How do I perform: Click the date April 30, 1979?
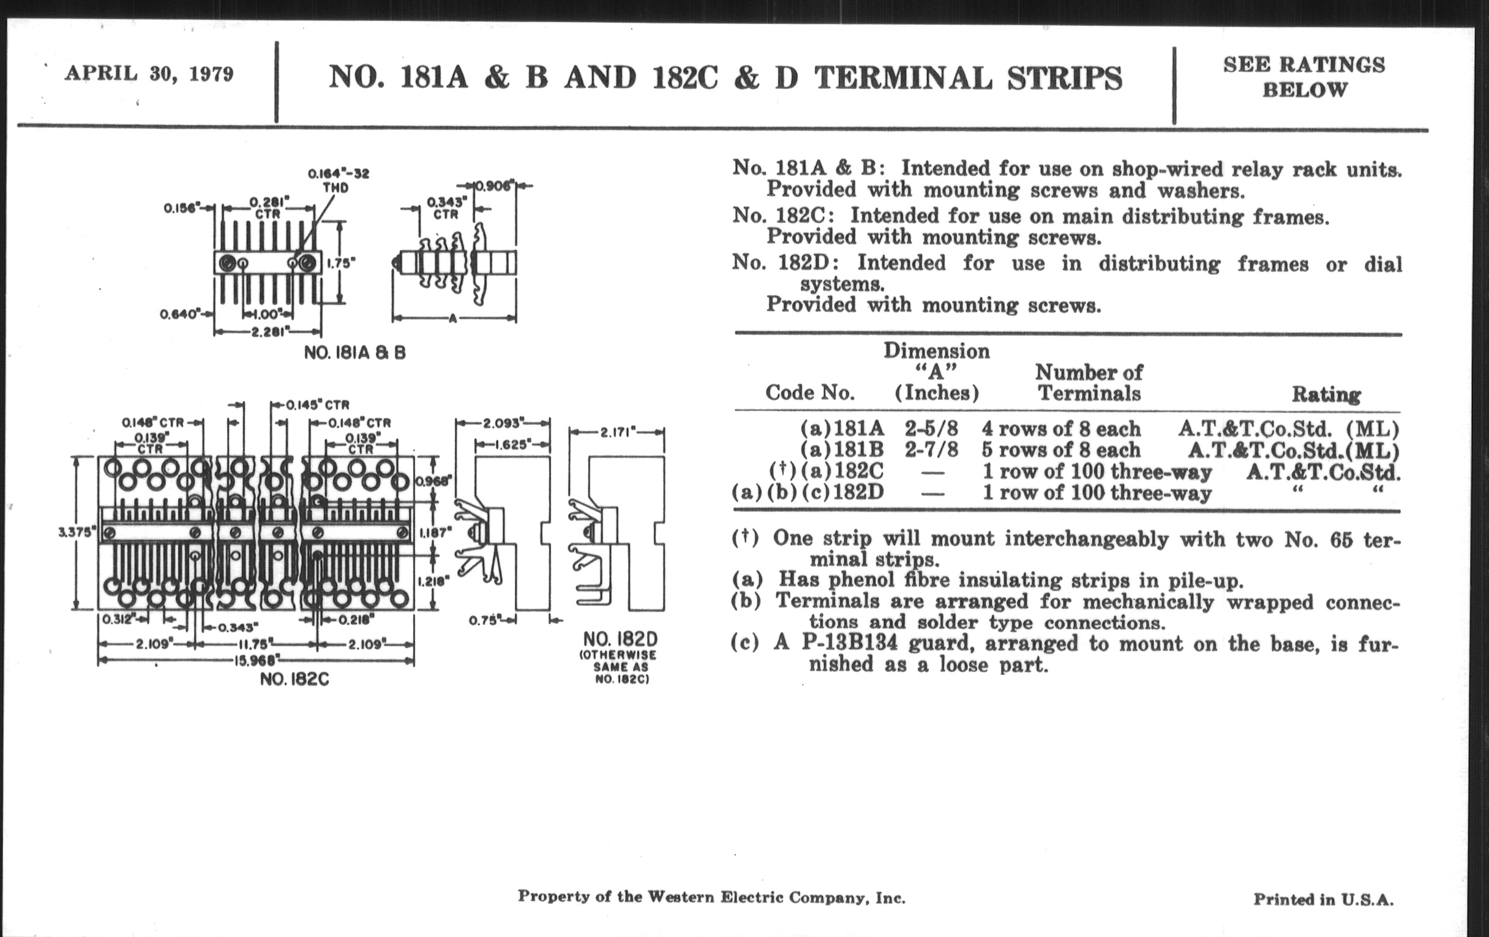[x=149, y=74]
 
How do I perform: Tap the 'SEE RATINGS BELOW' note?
[x=1304, y=77]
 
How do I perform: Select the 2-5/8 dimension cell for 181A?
[x=931, y=429]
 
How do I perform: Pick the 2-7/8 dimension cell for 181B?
[x=931, y=450]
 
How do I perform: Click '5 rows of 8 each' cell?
[x=1061, y=450]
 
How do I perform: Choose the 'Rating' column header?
[x=1326, y=394]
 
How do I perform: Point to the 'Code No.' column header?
[x=810, y=392]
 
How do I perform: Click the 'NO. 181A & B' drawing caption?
[x=355, y=353]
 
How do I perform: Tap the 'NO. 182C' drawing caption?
[x=294, y=679]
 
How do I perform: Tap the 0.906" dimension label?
[x=494, y=185]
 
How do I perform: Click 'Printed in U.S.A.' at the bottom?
[x=1323, y=899]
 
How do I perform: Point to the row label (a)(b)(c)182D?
[x=808, y=492]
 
